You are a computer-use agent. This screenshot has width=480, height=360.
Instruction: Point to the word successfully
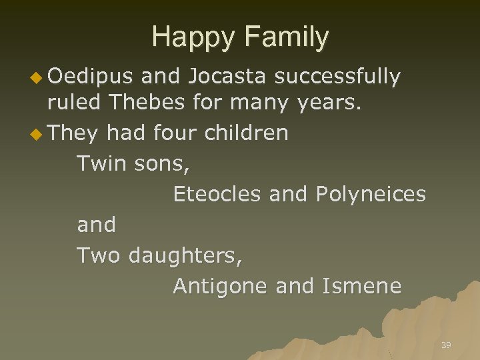[337, 78]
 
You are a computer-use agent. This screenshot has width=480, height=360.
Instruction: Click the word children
[247, 133]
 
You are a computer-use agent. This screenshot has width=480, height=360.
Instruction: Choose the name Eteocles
[217, 194]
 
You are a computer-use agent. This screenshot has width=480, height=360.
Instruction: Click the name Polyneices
[371, 194]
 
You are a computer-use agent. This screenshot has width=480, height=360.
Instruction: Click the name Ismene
[362, 286]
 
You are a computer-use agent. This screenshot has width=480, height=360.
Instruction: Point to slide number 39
[446, 345]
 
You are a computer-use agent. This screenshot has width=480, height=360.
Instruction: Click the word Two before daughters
[99, 255]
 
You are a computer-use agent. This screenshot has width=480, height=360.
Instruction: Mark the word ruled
[73, 103]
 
